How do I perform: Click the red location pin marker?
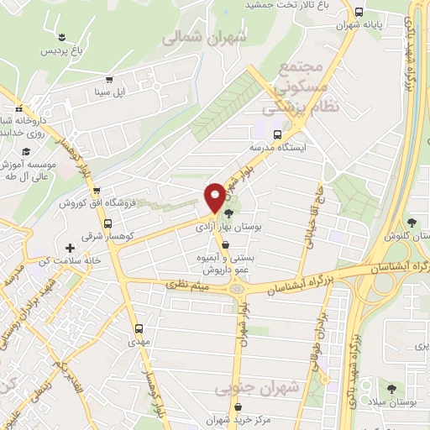coord(216,197)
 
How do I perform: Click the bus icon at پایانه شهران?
coord(359,12)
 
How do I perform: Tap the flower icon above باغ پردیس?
coord(62,34)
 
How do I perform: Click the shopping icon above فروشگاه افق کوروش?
coord(97,191)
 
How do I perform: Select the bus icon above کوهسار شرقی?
coord(108,224)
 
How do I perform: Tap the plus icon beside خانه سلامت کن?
coord(70,249)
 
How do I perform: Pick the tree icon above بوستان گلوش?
coord(412,223)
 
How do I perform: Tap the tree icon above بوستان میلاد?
coord(391,387)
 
